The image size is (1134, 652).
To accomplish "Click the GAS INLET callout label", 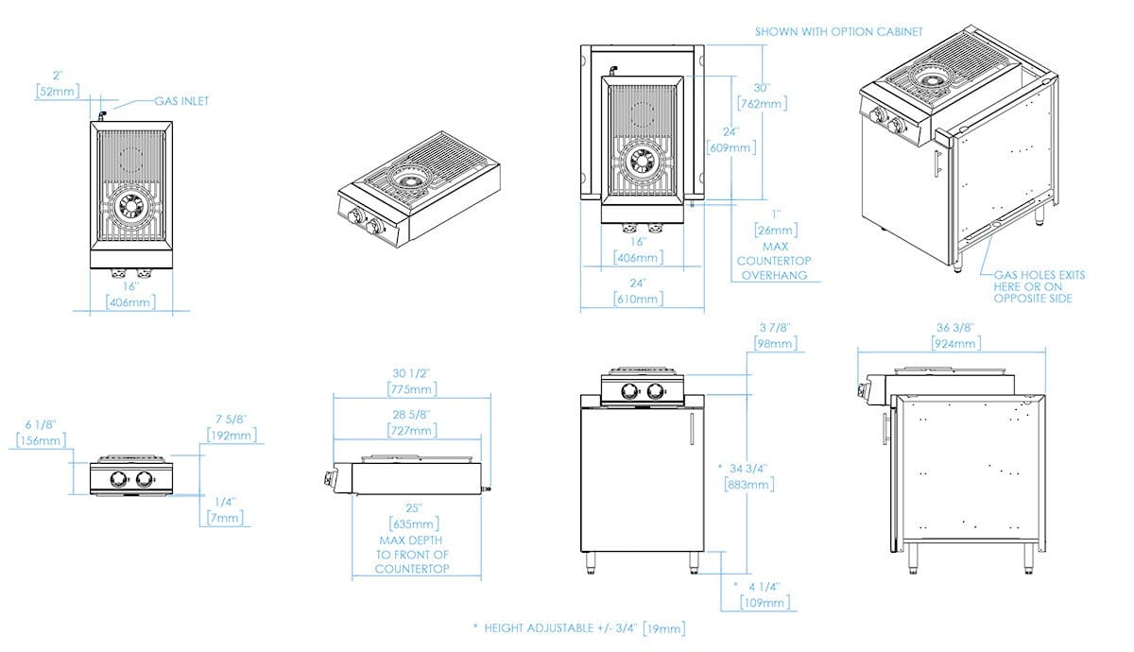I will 183,101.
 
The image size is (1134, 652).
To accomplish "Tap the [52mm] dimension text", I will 58,92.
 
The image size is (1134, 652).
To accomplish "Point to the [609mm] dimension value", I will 730,147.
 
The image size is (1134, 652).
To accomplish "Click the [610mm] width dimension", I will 637,299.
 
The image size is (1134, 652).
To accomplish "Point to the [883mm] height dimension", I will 750,484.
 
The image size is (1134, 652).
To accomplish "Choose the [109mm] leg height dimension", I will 765,602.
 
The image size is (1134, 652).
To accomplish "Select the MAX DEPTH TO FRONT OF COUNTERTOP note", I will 412,555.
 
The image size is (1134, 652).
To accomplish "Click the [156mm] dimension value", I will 42,440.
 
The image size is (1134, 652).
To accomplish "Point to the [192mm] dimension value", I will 232,436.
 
